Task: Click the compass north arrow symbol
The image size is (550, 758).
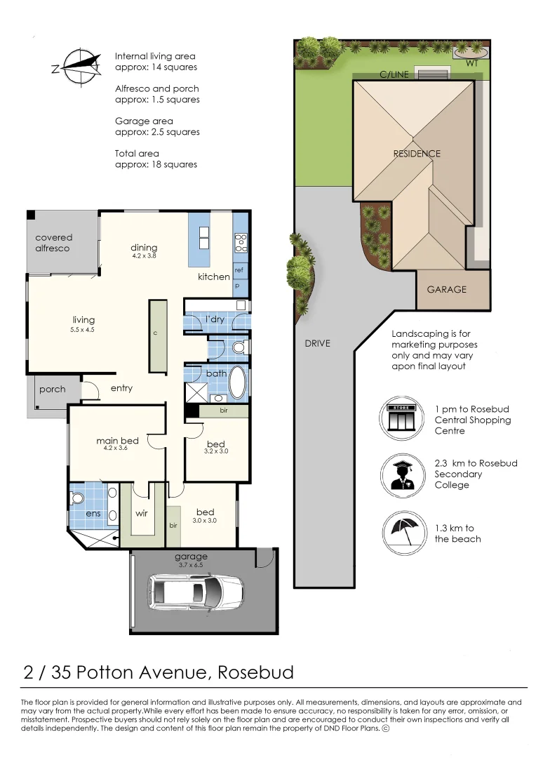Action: click(x=76, y=67)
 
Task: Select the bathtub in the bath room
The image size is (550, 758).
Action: click(x=237, y=382)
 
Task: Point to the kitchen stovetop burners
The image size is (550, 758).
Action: click(x=241, y=243)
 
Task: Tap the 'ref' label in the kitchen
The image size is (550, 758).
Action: click(x=239, y=270)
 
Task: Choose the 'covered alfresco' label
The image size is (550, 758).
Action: click(x=53, y=243)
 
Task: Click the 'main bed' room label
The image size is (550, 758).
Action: click(x=117, y=440)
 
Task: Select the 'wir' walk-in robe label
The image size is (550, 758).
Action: click(x=142, y=513)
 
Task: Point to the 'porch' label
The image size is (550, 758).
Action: click(x=52, y=389)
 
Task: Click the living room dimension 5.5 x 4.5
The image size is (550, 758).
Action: click(x=82, y=330)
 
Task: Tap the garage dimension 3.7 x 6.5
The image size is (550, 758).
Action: click(x=192, y=564)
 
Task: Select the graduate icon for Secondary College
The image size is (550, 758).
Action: click(x=403, y=476)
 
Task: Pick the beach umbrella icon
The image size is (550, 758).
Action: click(x=405, y=533)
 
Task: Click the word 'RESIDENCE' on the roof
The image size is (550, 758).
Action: click(x=417, y=154)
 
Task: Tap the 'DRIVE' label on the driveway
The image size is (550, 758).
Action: click(x=318, y=343)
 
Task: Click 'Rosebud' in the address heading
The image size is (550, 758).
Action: click(x=255, y=672)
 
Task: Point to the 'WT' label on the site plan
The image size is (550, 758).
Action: click(x=471, y=63)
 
